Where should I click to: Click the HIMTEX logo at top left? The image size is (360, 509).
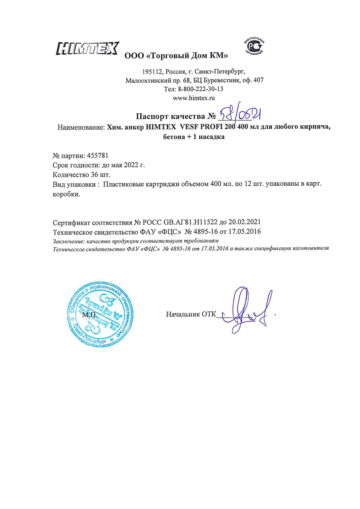click(88, 49)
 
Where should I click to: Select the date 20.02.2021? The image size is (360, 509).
click(245, 222)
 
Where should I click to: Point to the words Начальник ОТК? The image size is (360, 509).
click(191, 314)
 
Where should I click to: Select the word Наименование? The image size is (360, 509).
click(80, 128)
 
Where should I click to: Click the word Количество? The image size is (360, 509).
click(72, 174)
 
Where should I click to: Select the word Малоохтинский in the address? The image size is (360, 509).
click(145, 80)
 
